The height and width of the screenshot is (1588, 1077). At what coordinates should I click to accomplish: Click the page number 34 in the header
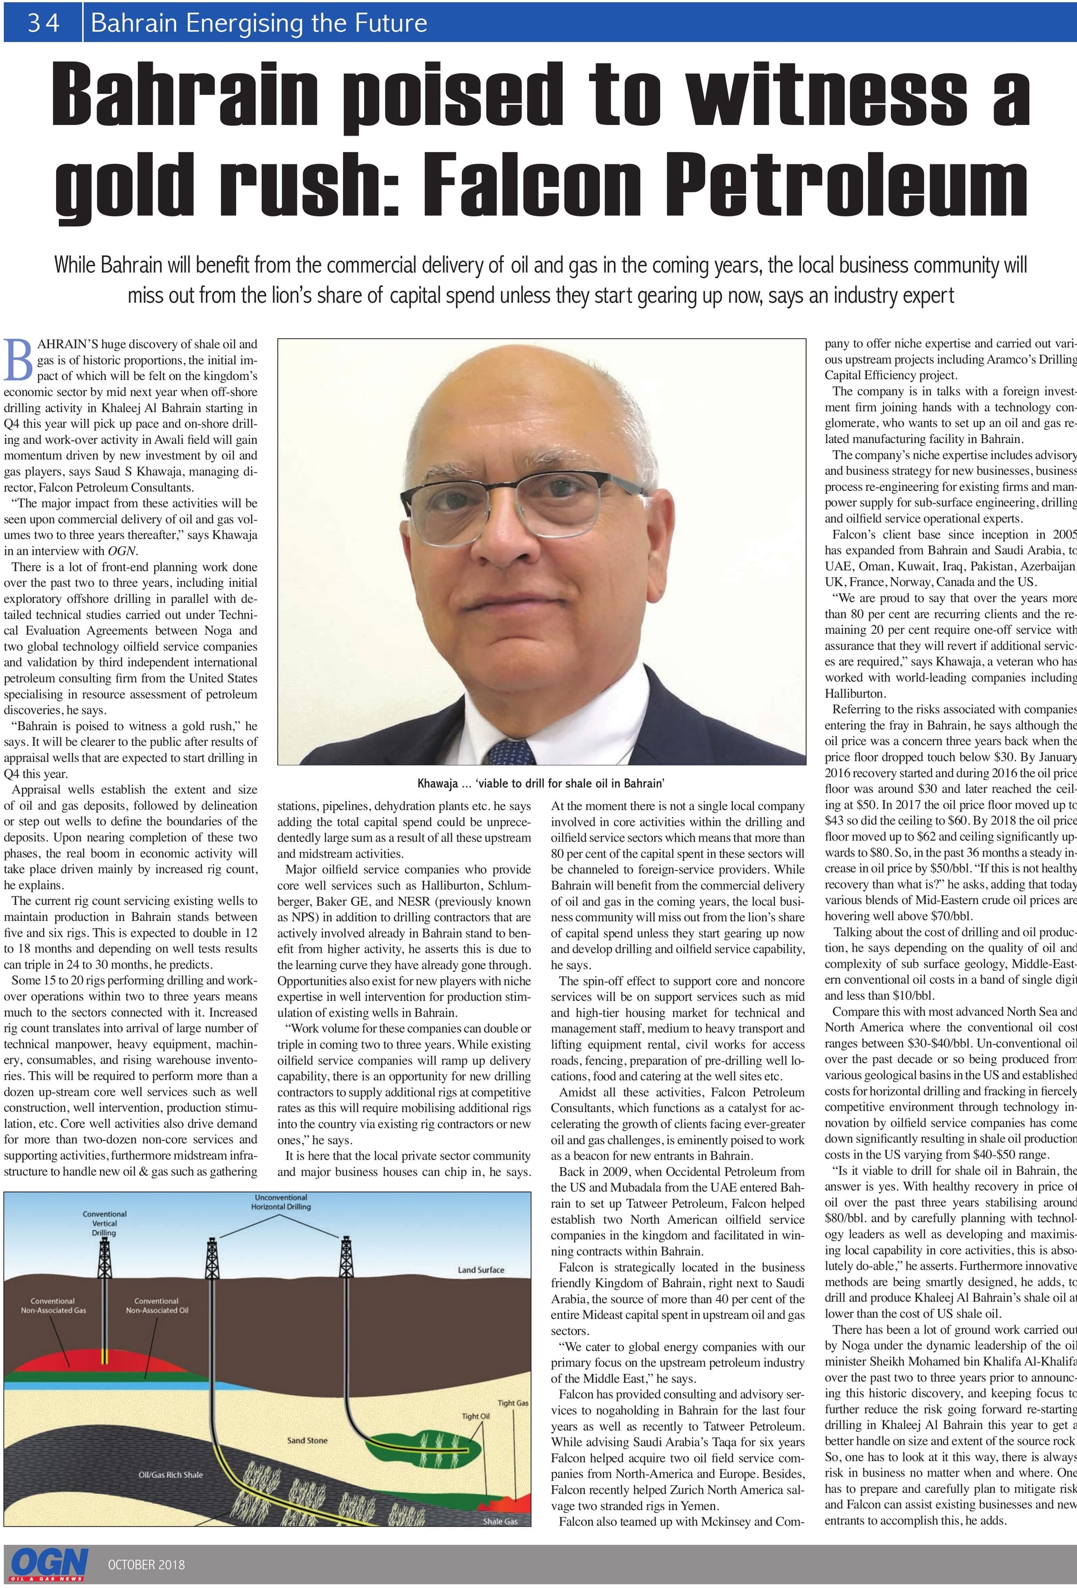pyautogui.click(x=43, y=23)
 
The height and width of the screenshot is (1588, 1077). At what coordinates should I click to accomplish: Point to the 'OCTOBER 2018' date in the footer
pyautogui.click(x=146, y=1564)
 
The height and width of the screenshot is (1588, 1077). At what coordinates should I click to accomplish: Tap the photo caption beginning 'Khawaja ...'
pyautogui.click(x=541, y=783)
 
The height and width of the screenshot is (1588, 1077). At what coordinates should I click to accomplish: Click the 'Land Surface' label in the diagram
pyautogui.click(x=481, y=1270)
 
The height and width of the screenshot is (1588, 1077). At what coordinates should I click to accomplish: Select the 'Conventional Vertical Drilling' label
pyautogui.click(x=104, y=1223)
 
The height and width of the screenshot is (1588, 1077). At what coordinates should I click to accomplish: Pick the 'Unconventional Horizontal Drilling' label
pyautogui.click(x=282, y=1202)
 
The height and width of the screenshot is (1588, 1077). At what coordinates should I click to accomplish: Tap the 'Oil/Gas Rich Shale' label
pyautogui.click(x=171, y=1474)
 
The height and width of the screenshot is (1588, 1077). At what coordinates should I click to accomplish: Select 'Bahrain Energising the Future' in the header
pyautogui.click(x=259, y=23)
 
